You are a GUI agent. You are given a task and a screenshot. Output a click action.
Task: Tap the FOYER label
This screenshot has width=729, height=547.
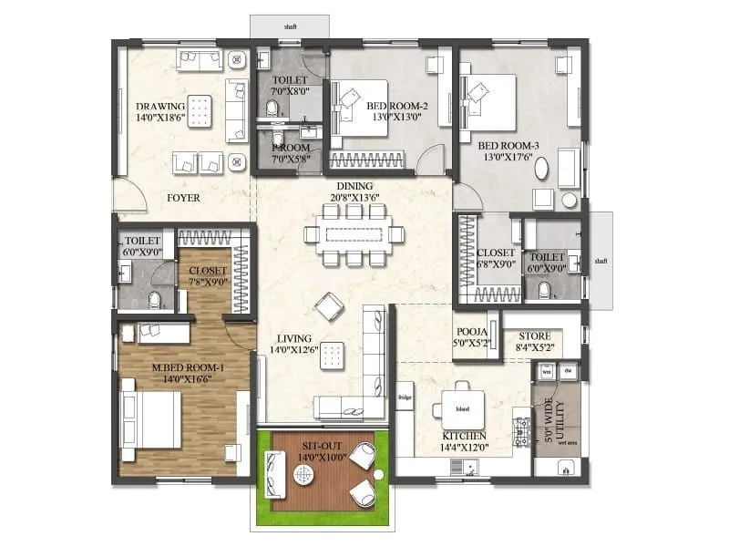[183, 198]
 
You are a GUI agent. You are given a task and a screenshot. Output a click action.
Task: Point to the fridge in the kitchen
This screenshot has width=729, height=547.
[406, 396]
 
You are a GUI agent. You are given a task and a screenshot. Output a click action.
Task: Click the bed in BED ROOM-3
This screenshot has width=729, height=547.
[490, 99]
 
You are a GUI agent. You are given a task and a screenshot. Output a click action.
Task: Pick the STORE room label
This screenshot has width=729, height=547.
[535, 335]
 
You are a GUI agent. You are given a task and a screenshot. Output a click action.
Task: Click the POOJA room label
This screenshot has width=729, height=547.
[469, 333]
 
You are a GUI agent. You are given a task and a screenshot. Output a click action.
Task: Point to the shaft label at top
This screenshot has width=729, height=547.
[289, 28]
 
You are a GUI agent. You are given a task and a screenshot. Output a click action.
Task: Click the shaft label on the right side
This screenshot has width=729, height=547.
[601, 260]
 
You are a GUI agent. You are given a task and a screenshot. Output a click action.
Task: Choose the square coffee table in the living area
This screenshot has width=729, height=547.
[334, 355]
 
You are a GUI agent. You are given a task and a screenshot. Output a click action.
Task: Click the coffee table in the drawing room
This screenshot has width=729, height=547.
[199, 106]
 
